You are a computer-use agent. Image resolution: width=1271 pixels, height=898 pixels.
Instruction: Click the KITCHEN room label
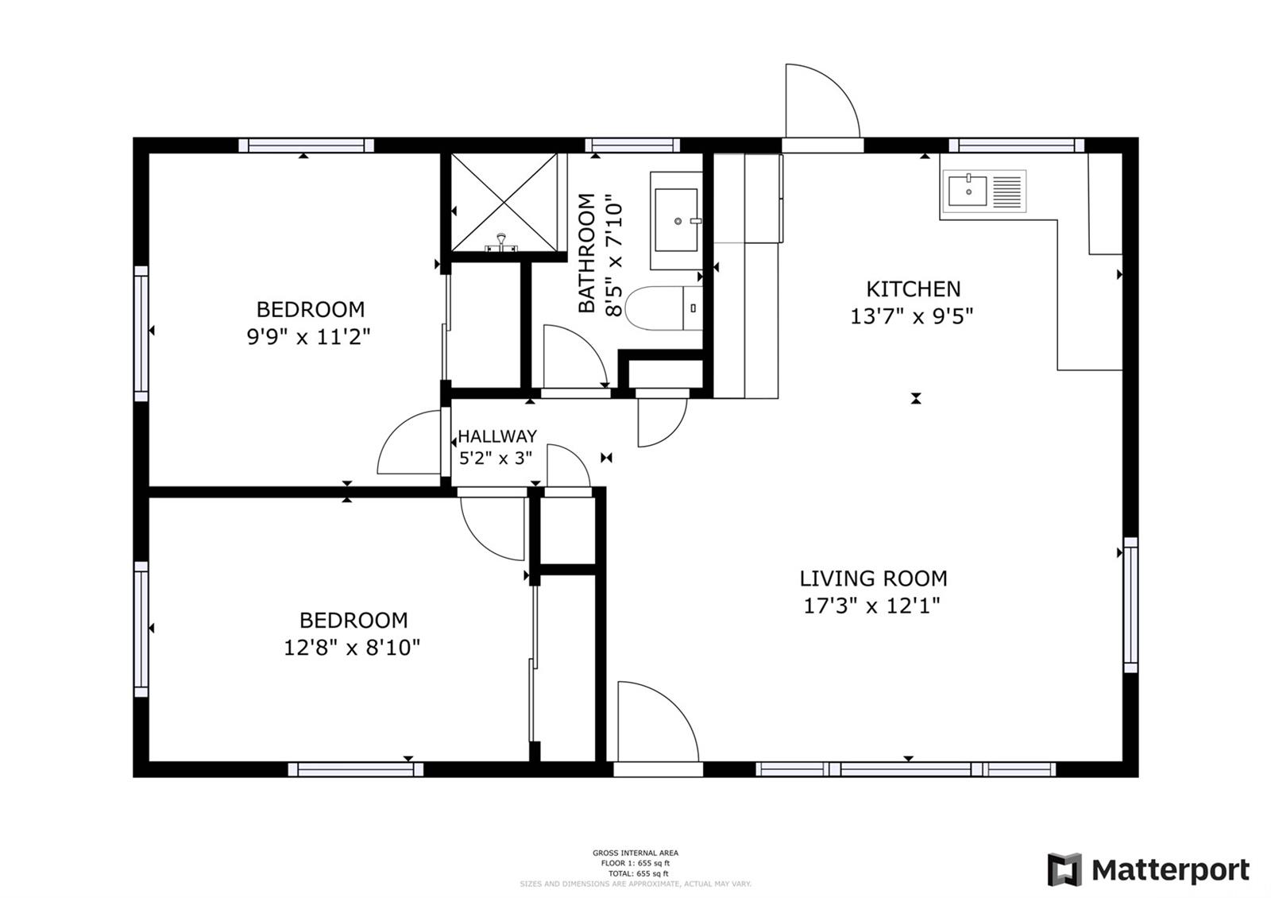[x=913, y=288]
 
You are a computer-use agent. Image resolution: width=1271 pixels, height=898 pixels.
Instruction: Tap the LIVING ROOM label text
[x=873, y=578]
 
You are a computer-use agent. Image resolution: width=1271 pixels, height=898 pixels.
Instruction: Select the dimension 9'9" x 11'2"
[x=309, y=337]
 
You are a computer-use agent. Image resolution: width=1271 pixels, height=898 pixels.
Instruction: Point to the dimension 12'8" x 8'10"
[x=352, y=648]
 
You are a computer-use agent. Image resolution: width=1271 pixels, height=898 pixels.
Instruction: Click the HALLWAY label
[x=497, y=436]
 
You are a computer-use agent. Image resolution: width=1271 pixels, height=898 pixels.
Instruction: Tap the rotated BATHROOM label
[x=586, y=253]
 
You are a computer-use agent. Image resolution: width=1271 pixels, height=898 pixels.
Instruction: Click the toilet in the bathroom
[x=663, y=308]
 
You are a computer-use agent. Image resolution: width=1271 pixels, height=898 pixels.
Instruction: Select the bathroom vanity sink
[x=676, y=220]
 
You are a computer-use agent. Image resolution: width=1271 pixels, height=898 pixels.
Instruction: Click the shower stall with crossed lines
[x=504, y=202]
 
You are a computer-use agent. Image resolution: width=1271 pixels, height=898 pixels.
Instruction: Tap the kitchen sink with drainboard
[x=983, y=191]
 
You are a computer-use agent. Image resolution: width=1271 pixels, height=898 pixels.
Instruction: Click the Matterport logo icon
[x=1064, y=869]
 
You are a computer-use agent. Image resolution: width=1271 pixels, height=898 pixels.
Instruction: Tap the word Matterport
[x=1170, y=870]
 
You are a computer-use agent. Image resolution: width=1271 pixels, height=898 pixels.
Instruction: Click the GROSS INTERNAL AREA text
[x=635, y=853]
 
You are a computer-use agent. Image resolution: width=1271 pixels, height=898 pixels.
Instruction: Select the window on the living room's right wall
[x=1130, y=605]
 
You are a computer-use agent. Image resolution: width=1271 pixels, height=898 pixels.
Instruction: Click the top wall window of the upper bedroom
[x=306, y=145]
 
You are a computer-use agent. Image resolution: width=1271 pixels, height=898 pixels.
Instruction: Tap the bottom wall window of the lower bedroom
[x=355, y=768]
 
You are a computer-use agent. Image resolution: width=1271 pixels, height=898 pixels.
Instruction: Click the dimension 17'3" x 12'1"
[x=872, y=606]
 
